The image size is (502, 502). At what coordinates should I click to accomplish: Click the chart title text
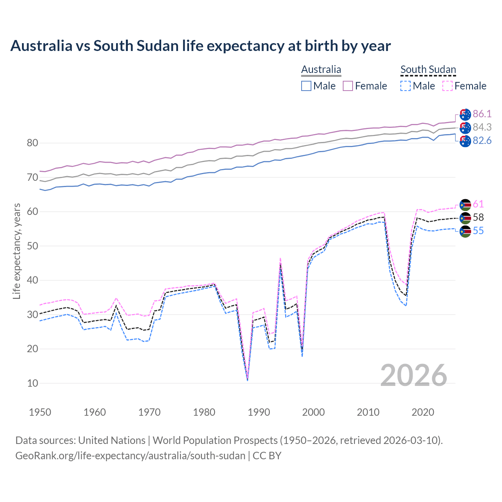pos(200,46)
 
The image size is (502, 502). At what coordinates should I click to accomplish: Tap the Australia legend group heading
pos(321,69)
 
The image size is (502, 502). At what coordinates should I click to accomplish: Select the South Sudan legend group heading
pos(428,69)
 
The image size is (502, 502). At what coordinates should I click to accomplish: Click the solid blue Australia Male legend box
pos(306,86)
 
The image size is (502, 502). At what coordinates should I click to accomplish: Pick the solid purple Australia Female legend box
pos(348,86)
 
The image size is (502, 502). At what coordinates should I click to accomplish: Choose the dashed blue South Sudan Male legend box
pos(406,86)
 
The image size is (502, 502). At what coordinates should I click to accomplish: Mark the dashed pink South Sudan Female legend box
pos(447,86)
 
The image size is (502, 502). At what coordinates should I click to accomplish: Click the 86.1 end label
pos(482,114)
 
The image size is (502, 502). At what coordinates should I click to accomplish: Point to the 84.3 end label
pos(482,127)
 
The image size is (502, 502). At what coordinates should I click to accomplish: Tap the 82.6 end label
pos(482,140)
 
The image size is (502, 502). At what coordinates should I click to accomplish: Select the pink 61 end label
pos(478,204)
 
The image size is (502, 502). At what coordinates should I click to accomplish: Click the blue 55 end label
pos(478,231)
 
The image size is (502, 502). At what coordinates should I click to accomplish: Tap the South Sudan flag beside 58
pos(465,218)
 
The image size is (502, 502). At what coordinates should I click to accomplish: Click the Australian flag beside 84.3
pos(465,127)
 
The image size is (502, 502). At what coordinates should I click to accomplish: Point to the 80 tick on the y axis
pos(33,143)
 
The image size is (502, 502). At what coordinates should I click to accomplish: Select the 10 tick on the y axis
pos(33,383)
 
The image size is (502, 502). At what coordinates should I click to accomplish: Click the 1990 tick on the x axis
pos(259,412)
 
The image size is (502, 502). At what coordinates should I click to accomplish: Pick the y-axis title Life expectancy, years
pos(17,251)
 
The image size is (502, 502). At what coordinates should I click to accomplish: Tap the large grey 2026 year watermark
pos(413,375)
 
